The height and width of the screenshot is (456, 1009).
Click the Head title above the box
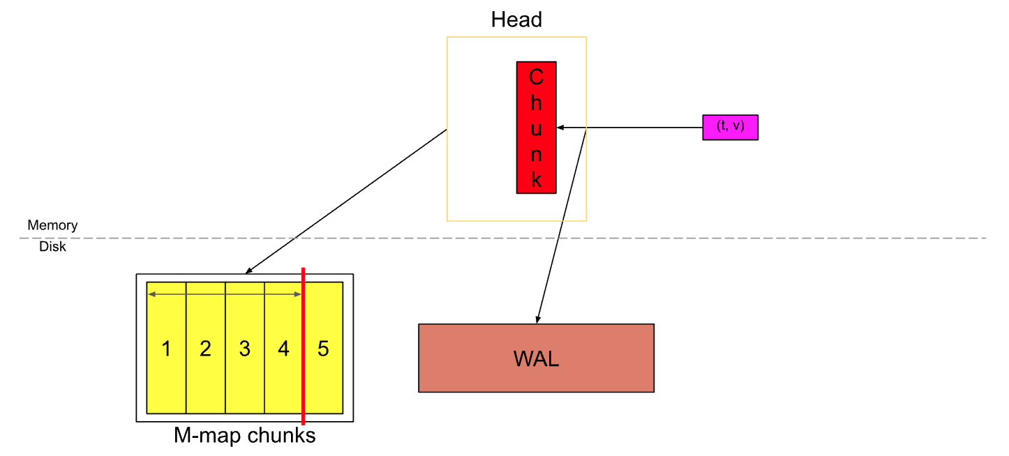(x=516, y=20)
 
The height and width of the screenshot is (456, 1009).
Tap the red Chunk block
(x=536, y=127)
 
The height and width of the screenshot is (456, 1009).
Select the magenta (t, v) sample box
(x=730, y=127)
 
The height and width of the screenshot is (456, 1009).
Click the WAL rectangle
(x=536, y=358)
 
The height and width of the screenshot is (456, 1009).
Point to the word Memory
(x=52, y=225)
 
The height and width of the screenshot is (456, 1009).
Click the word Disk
(x=52, y=246)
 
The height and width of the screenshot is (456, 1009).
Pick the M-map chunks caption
(x=244, y=436)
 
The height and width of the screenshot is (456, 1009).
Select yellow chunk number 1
(x=166, y=349)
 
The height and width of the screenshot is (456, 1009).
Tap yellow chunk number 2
(x=205, y=349)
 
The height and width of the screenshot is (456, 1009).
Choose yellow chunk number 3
(x=244, y=349)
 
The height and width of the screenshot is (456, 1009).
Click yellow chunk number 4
(x=283, y=349)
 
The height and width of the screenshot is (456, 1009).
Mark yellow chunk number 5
(x=324, y=349)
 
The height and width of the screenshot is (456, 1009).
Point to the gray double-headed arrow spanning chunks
(x=224, y=295)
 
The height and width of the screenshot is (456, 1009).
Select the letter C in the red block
(x=536, y=77)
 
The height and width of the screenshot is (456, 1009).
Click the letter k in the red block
(x=536, y=179)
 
